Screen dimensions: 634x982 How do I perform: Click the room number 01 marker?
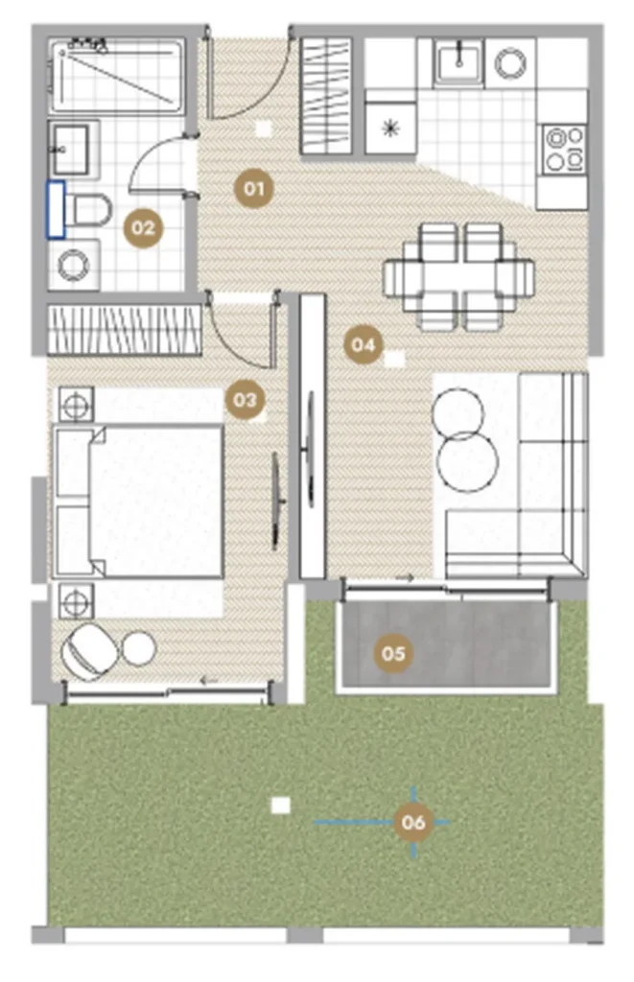pyautogui.click(x=254, y=188)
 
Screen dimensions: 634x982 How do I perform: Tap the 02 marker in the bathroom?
pyautogui.click(x=143, y=228)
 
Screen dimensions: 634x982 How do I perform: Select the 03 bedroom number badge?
pyautogui.click(x=245, y=400)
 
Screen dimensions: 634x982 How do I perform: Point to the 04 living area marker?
pyautogui.click(x=364, y=344)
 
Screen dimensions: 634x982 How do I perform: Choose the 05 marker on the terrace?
pyautogui.click(x=393, y=653)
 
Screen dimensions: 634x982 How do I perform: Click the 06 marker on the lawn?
pyautogui.click(x=413, y=821)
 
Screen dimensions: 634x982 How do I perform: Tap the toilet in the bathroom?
pyautogui.click(x=88, y=209)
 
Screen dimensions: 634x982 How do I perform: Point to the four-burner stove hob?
pyautogui.click(x=564, y=149)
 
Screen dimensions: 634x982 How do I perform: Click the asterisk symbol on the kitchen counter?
pyautogui.click(x=391, y=129)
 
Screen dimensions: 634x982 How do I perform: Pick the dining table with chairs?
pyautogui.click(x=459, y=277)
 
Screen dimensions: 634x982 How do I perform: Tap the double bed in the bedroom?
pyautogui.click(x=138, y=501)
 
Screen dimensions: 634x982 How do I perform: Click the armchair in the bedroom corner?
pyautogui.click(x=87, y=652)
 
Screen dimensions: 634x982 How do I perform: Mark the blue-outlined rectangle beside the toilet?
pyautogui.click(x=56, y=210)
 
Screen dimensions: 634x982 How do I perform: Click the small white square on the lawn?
pyautogui.click(x=281, y=806)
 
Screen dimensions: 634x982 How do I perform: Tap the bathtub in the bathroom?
pyautogui.click(x=117, y=77)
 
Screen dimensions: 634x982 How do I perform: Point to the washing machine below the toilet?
pyautogui.click(x=74, y=265)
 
